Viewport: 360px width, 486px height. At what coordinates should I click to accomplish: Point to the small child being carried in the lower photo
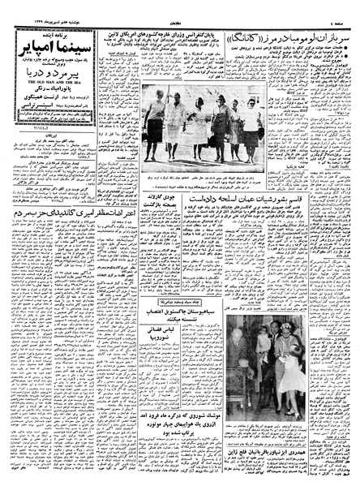(264, 341)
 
